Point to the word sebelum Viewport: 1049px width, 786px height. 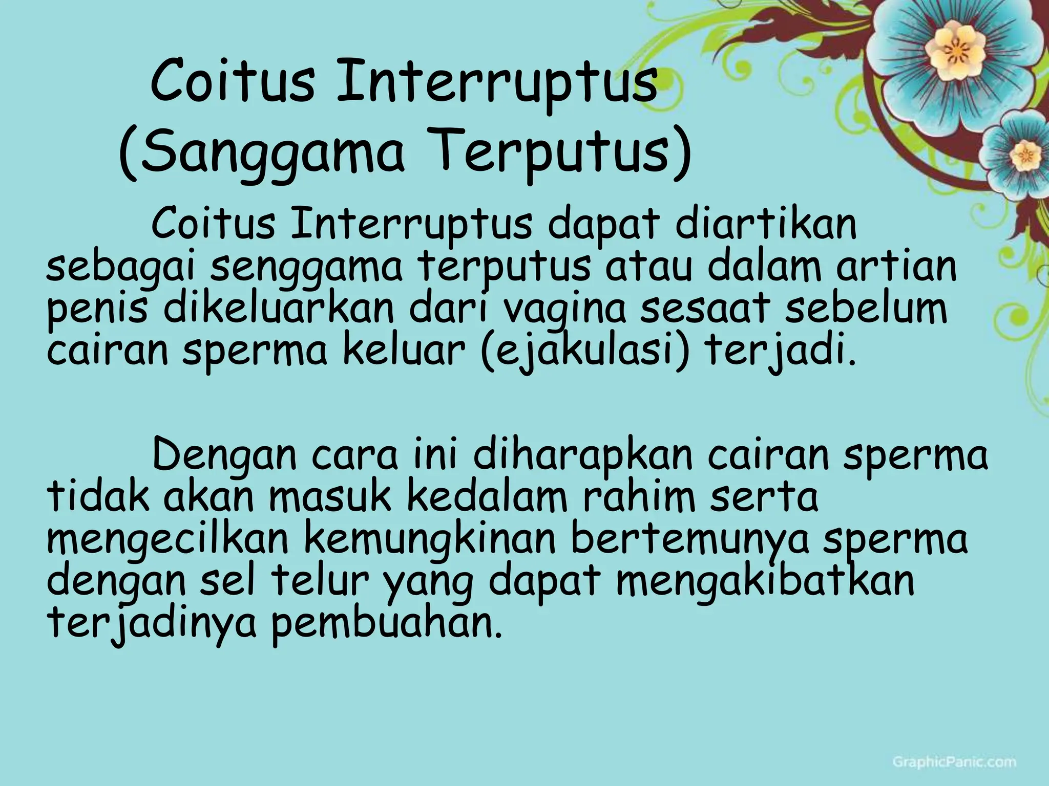click(x=866, y=309)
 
